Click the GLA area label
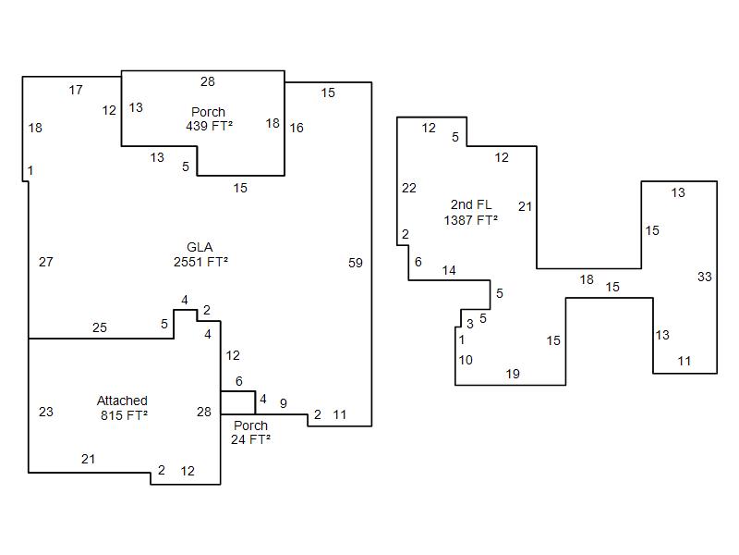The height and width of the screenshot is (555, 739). click(x=200, y=247)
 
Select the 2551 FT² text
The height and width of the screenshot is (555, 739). click(x=200, y=262)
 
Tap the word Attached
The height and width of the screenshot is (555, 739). click(x=122, y=401)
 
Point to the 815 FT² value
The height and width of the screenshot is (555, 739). click(x=124, y=415)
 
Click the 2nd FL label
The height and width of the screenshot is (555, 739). click(x=471, y=204)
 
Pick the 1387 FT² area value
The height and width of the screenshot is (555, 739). click(x=471, y=219)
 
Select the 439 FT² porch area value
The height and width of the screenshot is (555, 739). click(x=209, y=125)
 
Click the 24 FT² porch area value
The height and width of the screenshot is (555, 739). click(x=250, y=439)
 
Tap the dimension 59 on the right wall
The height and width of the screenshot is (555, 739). click(x=356, y=263)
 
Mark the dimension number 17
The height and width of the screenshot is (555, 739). click(x=76, y=90)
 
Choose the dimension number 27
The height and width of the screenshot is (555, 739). click(x=46, y=262)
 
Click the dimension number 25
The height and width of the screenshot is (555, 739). click(x=100, y=327)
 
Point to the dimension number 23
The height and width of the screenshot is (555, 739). click(x=46, y=412)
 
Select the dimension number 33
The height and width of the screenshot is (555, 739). click(x=705, y=277)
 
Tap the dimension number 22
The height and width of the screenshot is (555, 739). click(x=409, y=188)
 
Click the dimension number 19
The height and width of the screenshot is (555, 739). click(x=513, y=374)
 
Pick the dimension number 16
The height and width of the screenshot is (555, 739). click(x=297, y=128)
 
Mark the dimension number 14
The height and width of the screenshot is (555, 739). click(x=449, y=270)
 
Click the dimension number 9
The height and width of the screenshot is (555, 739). click(x=283, y=402)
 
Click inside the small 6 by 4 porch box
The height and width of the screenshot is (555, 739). click(x=237, y=402)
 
